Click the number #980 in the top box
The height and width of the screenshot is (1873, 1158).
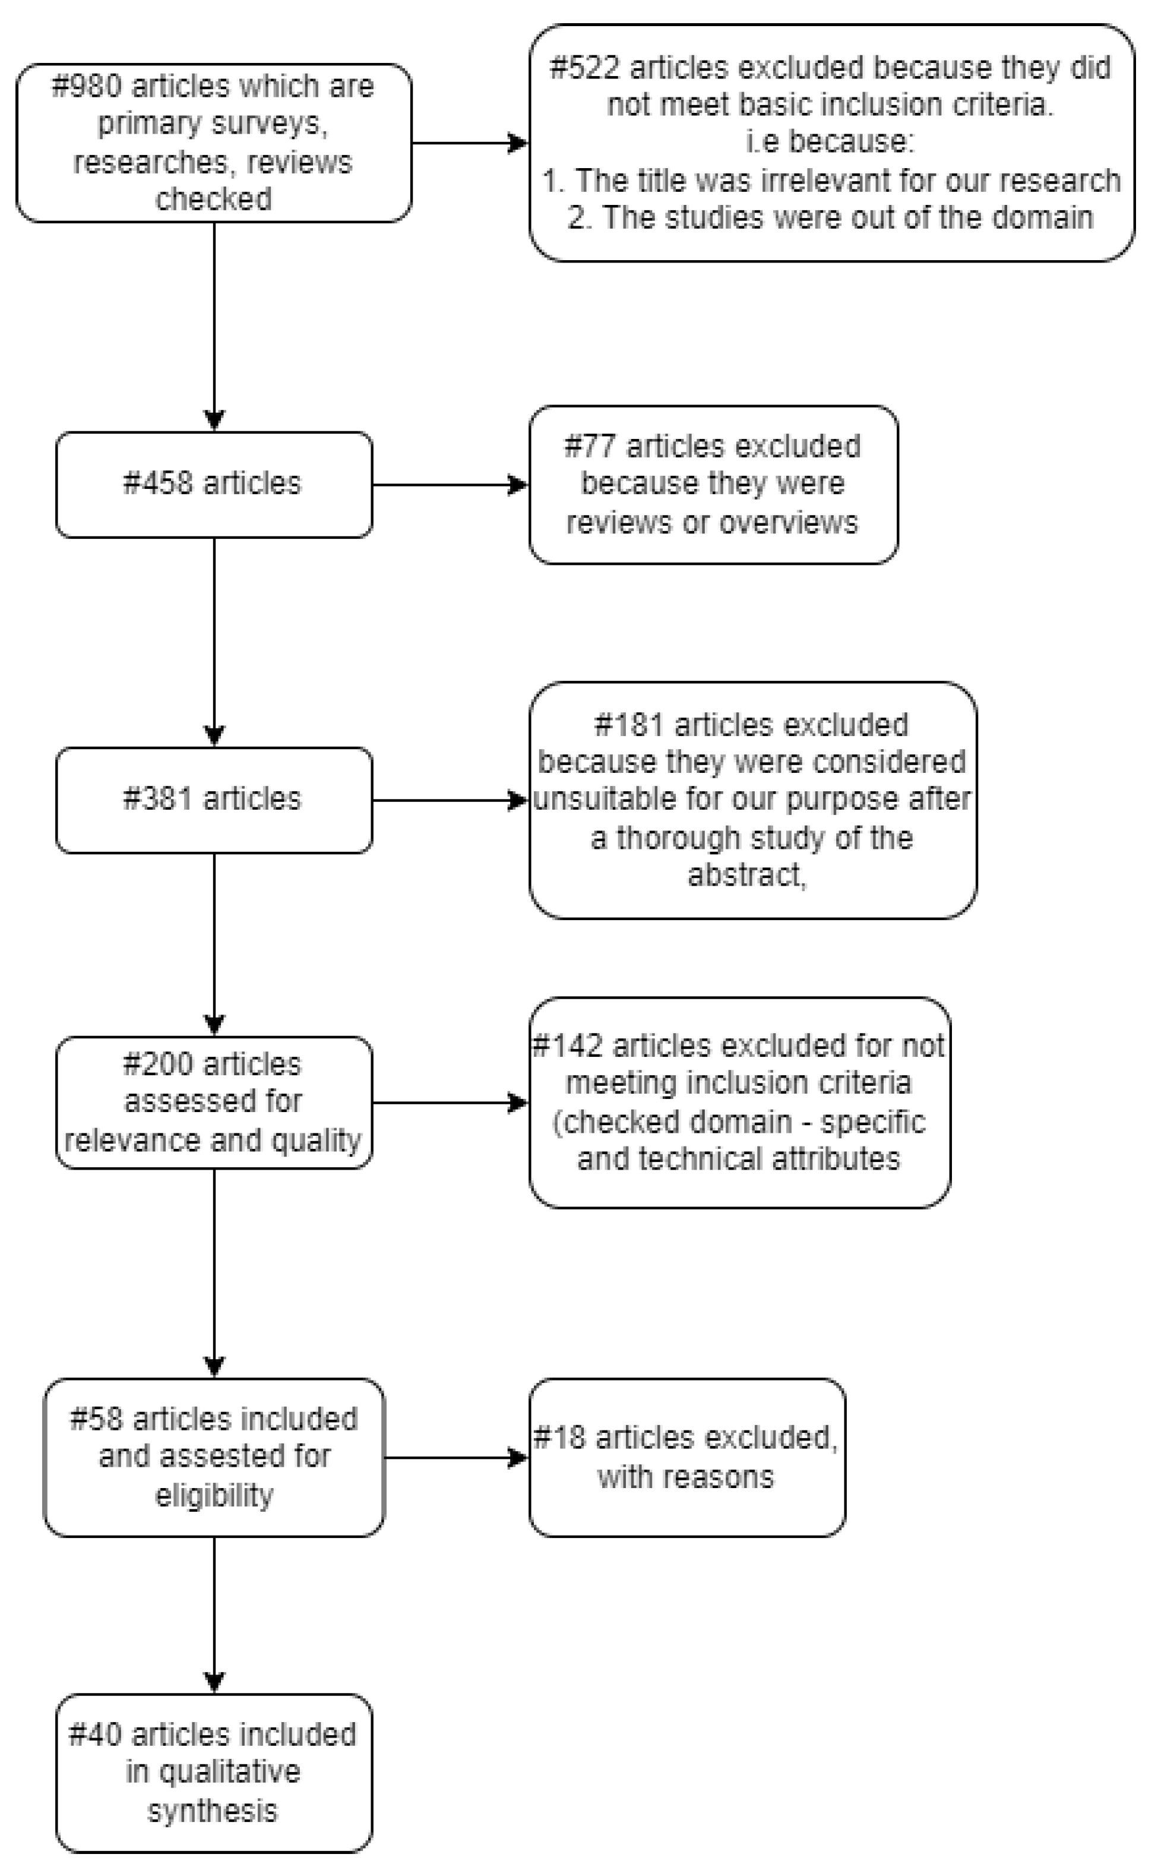86,86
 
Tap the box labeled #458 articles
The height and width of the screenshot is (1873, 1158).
214,484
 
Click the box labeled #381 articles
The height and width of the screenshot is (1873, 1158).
214,800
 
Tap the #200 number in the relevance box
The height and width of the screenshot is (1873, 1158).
157,1064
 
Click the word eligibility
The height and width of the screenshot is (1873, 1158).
214,1495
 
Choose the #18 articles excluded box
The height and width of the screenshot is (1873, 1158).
686,1457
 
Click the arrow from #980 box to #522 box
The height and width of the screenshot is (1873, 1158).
469,143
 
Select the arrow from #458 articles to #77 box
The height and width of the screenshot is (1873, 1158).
450,484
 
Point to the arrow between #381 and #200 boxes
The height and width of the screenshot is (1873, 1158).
214,944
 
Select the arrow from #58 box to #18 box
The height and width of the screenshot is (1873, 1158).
455,1457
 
